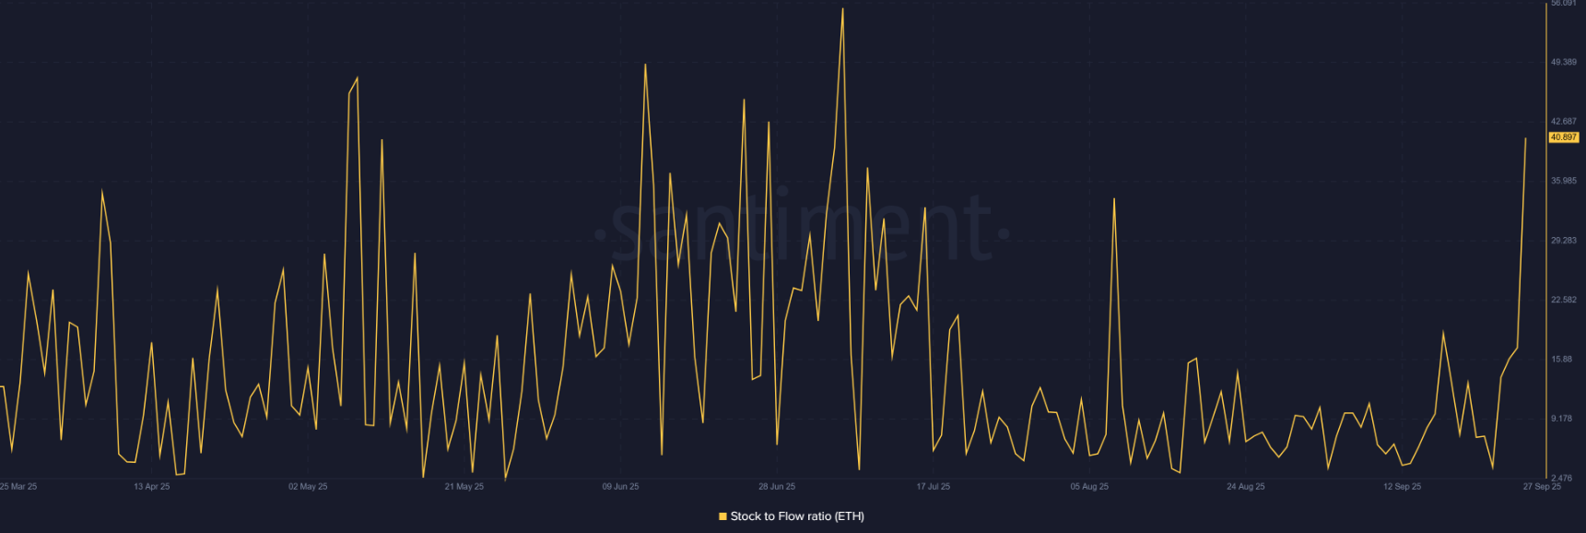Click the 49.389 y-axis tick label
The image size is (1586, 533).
[1563, 62]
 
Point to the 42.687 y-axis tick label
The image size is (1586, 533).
[1563, 121]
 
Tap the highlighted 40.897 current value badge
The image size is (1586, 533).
[1563, 137]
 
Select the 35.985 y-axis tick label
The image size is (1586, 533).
[1563, 181]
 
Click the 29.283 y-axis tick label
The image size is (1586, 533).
[1563, 240]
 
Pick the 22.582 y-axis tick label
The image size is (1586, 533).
[1563, 300]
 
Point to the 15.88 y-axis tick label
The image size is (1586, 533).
[1563, 359]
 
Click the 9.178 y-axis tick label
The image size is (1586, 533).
[1563, 418]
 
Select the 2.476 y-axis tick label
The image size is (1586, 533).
[1563, 478]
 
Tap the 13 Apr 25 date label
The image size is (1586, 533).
[151, 486]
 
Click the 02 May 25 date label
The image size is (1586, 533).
[308, 486]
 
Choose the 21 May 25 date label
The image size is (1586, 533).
[464, 486]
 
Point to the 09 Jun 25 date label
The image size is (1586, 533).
[620, 486]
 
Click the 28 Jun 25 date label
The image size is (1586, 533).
[777, 486]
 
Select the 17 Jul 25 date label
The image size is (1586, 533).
[933, 486]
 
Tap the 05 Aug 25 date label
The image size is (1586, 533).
[1089, 486]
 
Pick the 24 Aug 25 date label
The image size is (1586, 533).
[1245, 486]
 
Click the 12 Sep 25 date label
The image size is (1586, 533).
[1402, 486]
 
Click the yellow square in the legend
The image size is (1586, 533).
[723, 516]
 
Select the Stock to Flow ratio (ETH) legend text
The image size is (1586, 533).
[797, 516]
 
